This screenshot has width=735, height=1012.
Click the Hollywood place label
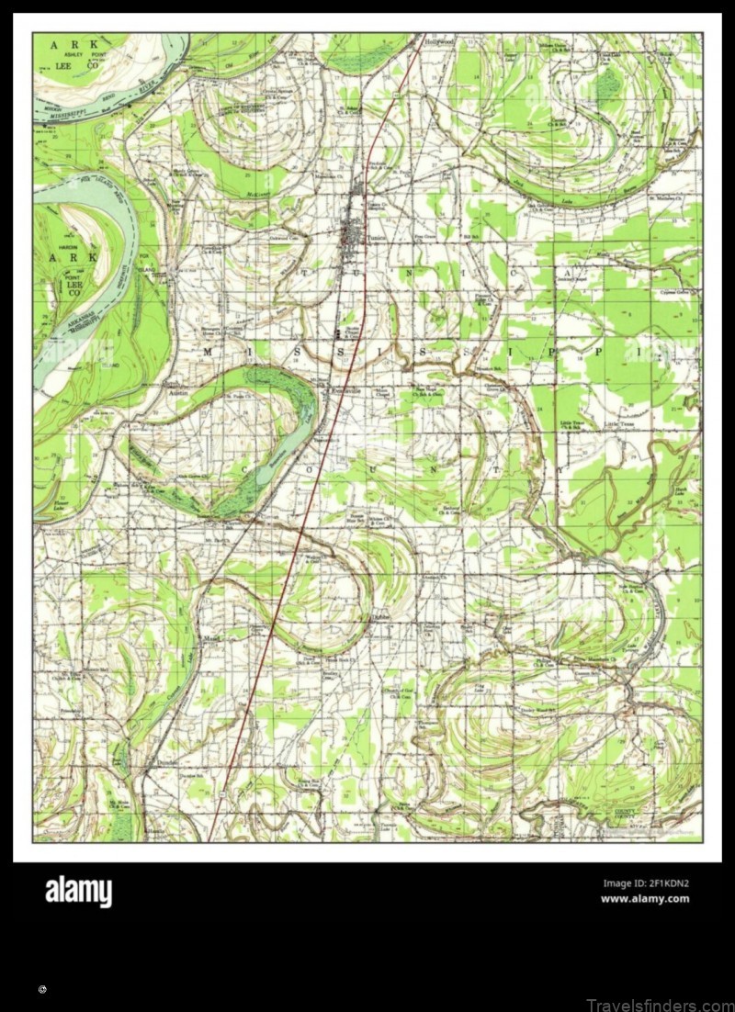[440, 42]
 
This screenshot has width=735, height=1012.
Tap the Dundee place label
[379, 619]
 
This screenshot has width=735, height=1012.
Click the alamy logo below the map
[78, 892]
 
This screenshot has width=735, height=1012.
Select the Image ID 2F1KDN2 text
[645, 884]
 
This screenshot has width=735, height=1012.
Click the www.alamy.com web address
[644, 899]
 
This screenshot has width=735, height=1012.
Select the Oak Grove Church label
[196, 476]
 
